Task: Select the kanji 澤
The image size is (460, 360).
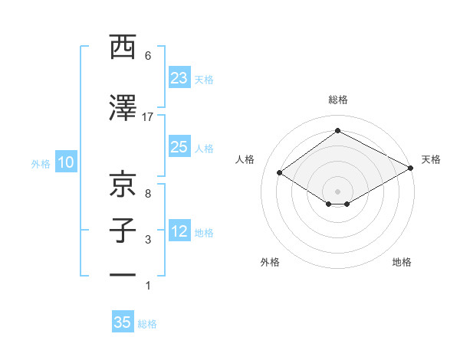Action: [x=123, y=109]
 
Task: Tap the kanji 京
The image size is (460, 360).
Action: [x=123, y=185]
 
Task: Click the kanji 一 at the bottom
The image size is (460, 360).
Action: [x=123, y=274]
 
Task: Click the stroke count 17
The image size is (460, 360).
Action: [x=148, y=116]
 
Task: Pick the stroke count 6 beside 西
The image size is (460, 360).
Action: [x=148, y=56]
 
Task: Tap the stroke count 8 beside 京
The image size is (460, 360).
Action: [x=148, y=194]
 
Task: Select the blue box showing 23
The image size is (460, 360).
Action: [x=179, y=78]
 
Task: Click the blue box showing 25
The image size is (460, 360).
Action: [x=179, y=147]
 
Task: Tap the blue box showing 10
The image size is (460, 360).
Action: [x=66, y=162]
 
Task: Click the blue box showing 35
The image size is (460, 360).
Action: [x=123, y=322]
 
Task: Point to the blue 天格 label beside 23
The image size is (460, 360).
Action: [x=204, y=79]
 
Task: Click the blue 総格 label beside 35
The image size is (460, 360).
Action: [x=147, y=324]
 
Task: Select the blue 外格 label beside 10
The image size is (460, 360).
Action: [x=41, y=163]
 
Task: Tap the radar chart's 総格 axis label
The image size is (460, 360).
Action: [x=337, y=100]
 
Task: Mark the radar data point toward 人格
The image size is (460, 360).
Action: [x=280, y=173]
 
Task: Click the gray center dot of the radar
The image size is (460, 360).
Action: [x=337, y=190]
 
